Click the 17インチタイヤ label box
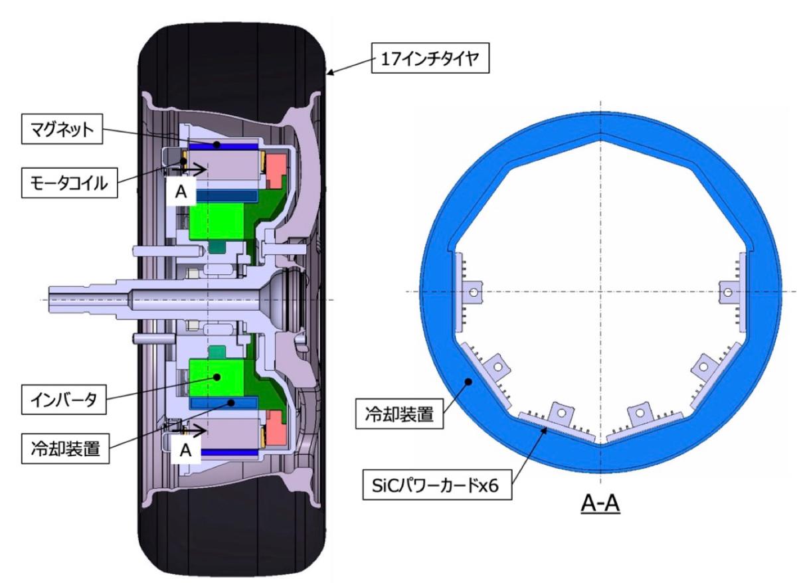(430, 58)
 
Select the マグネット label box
(62, 129)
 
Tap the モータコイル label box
(69, 183)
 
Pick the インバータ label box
(64, 400)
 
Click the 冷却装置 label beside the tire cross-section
(65, 448)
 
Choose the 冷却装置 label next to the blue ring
(399, 414)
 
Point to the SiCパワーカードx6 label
(437, 485)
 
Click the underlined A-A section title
(600, 504)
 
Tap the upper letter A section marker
(181, 192)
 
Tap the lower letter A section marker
(186, 450)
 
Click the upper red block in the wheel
(277, 170)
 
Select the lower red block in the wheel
(276, 428)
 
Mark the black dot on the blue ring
(469, 382)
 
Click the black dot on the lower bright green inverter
(217, 376)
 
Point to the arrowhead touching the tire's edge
(330, 73)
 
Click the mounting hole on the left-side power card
(473, 292)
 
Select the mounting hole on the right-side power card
(728, 292)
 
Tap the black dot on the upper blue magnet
(217, 144)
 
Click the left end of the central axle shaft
(49, 299)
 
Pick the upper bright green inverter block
(217, 222)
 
